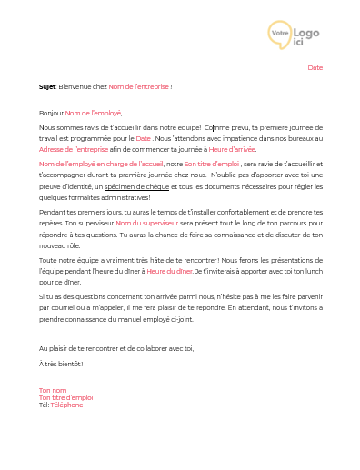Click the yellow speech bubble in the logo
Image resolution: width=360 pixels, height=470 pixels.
tap(280, 34)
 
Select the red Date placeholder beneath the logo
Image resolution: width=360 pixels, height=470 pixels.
tap(315, 67)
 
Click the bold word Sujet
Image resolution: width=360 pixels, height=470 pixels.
tap(46, 86)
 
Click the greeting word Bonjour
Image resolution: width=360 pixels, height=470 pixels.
tap(51, 112)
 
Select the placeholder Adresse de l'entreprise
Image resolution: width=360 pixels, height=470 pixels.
tap(74, 149)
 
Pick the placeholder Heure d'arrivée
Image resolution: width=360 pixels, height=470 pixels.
tap(233, 149)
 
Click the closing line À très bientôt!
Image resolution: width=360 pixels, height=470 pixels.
tap(61, 364)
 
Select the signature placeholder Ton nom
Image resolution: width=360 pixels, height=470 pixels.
tap(53, 389)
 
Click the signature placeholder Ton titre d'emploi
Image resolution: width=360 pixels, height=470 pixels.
tap(65, 396)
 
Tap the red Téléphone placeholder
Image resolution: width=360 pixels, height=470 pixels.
tap(66, 405)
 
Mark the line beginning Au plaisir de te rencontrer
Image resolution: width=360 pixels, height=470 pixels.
tap(116, 348)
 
